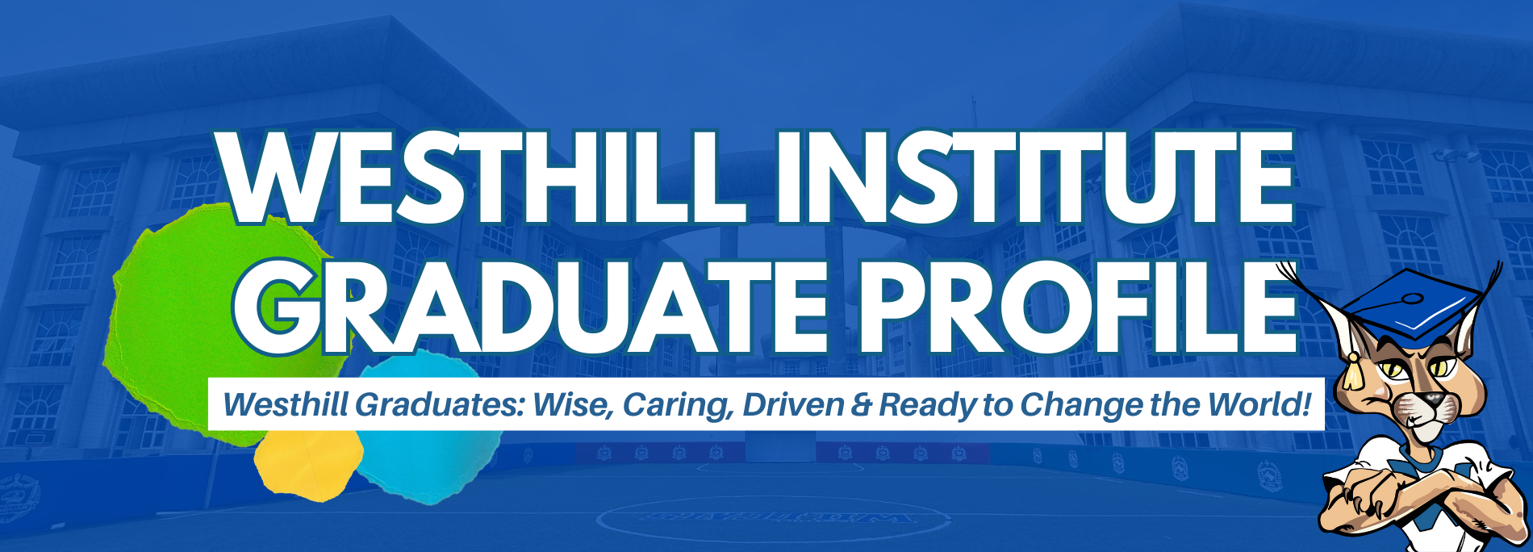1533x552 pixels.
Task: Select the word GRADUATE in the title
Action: (528, 307)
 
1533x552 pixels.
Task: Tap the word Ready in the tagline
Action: (928, 404)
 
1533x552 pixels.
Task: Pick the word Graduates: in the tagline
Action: (439, 404)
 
